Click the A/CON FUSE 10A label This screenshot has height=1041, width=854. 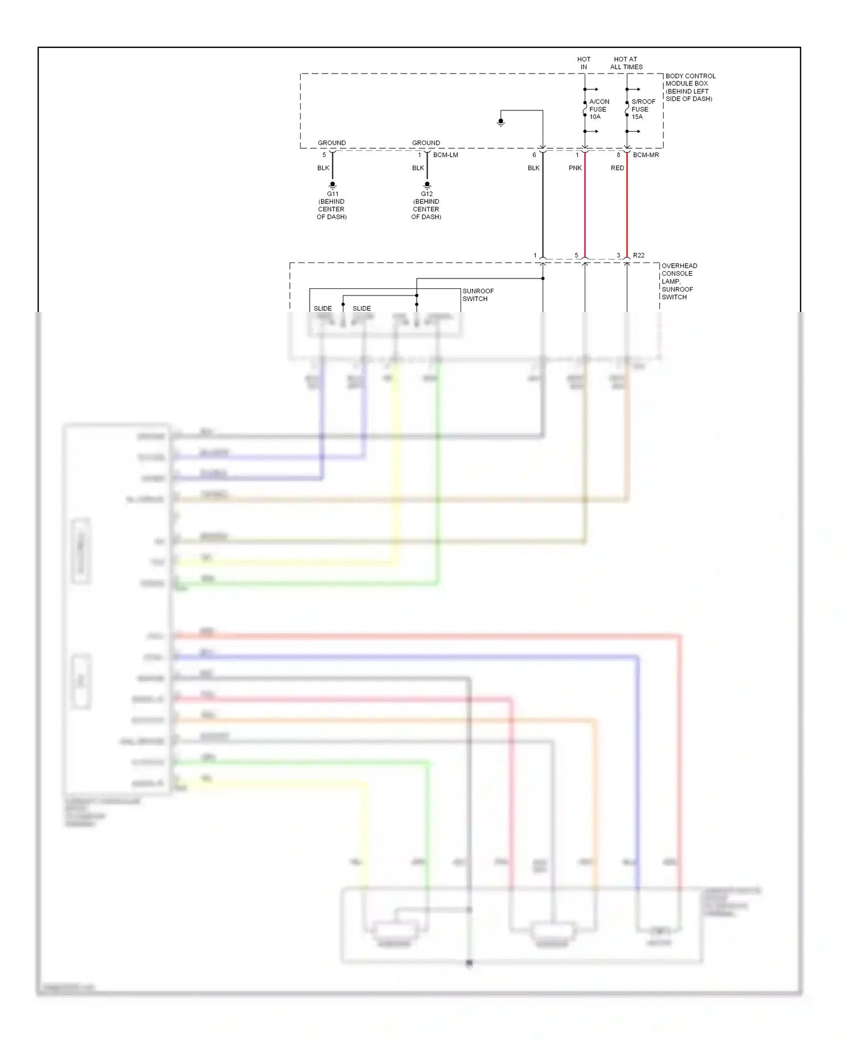pyautogui.click(x=598, y=109)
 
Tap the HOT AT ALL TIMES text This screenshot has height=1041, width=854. pyautogui.click(x=626, y=63)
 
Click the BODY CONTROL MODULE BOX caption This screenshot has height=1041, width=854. pyautogui.click(x=690, y=87)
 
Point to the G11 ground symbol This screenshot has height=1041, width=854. pyautogui.click(x=332, y=185)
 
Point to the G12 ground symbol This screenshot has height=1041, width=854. pyautogui.click(x=427, y=185)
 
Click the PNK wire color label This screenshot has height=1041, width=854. pyautogui.click(x=575, y=168)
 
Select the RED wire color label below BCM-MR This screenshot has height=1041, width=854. pyautogui.click(x=617, y=168)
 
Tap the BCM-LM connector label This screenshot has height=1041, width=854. pyautogui.click(x=445, y=155)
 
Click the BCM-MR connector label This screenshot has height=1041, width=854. pyautogui.click(x=646, y=155)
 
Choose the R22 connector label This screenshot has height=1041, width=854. pyautogui.click(x=638, y=255)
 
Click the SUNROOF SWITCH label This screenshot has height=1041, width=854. pyautogui.click(x=478, y=294)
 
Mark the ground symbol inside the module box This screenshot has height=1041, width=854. pyautogui.click(x=501, y=122)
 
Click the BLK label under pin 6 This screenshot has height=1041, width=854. pyautogui.click(x=533, y=168)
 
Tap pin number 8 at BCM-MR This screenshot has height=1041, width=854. pyautogui.click(x=618, y=155)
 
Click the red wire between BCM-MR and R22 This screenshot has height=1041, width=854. pyautogui.click(x=627, y=211)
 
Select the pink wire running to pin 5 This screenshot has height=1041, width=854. pyautogui.click(x=585, y=211)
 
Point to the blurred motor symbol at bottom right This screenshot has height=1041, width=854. pyautogui.click(x=659, y=932)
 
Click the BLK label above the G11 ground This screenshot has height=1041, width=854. pyautogui.click(x=323, y=168)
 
